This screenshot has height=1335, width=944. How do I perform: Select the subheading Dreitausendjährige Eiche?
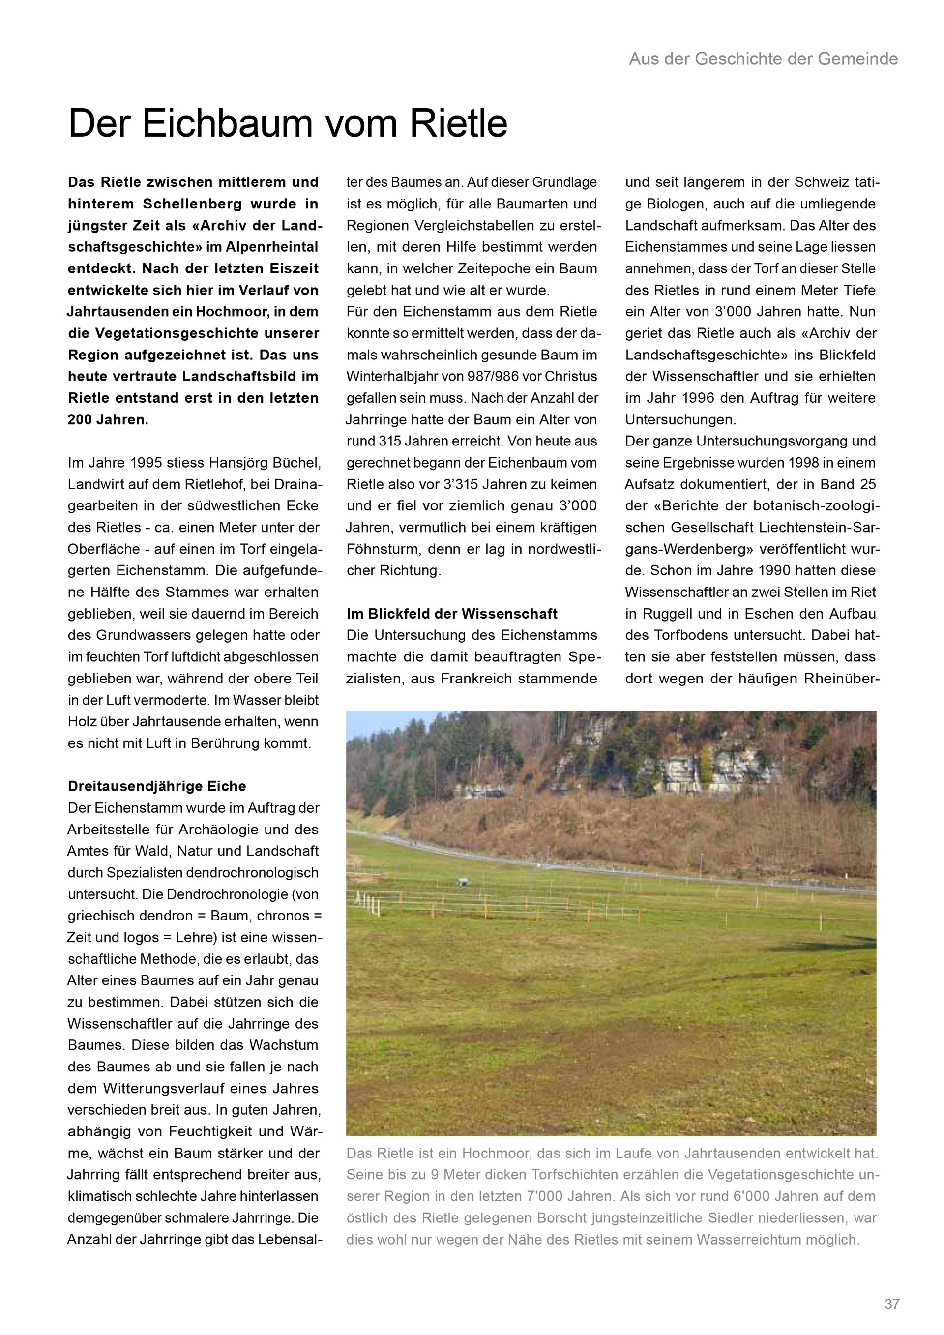[157, 786]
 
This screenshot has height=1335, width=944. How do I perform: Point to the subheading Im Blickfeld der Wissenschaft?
[452, 614]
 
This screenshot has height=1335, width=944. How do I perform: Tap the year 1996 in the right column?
[710, 398]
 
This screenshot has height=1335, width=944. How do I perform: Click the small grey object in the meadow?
[463, 881]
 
